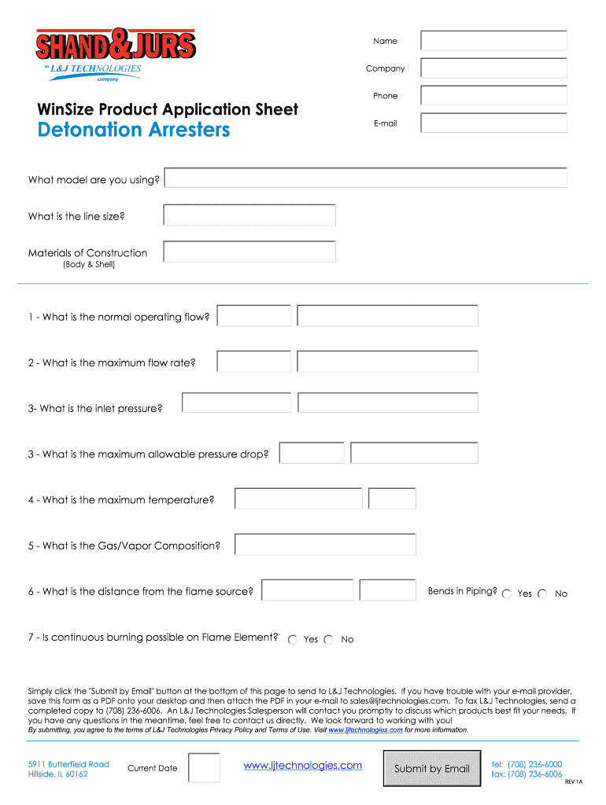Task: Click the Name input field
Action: coord(493,41)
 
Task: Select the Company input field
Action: coord(493,68)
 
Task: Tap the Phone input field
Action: coord(493,96)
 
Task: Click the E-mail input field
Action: coord(493,123)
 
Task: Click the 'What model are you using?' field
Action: coord(365,179)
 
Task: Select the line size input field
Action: coord(249,215)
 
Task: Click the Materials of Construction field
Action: coord(249,252)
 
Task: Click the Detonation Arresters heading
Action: coord(134,130)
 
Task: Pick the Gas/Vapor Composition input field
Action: coord(325,545)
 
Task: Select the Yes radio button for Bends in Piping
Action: coord(507,594)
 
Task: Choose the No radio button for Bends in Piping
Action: coord(543,594)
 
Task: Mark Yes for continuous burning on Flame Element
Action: coord(293,640)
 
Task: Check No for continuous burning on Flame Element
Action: coord(329,640)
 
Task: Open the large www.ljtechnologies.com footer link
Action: coord(303,766)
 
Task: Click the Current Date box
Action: coord(205,768)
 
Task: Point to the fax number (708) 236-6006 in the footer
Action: coord(527,774)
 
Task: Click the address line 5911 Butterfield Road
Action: coord(68,764)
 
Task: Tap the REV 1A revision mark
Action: coord(574,782)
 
